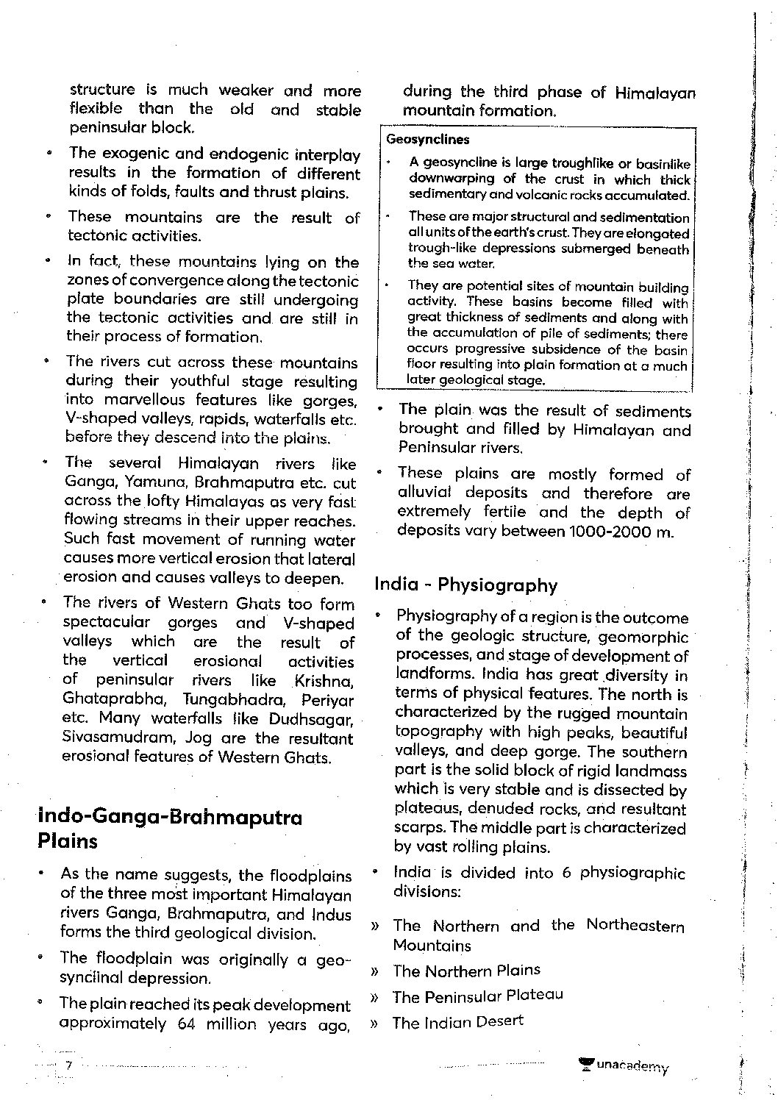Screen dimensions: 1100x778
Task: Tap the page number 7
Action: coord(68,1065)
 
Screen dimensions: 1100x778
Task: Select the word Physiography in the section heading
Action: coord(498,585)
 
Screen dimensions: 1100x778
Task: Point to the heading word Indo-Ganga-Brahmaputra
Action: coord(170,818)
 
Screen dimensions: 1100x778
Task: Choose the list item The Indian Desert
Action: coord(457,1022)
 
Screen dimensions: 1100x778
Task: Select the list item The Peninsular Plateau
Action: coord(477,996)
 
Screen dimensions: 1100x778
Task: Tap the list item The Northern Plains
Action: coord(466,971)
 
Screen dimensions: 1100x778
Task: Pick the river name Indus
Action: coord(333,915)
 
